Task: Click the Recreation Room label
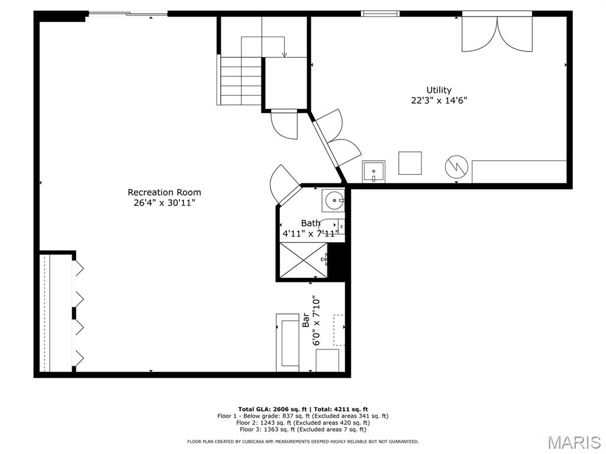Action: pyautogui.click(x=165, y=192)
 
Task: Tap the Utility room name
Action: pyautogui.click(x=439, y=90)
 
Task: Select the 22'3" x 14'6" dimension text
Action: pyautogui.click(x=439, y=100)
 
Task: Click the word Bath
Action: pyautogui.click(x=310, y=223)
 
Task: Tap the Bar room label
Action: pyautogui.click(x=306, y=320)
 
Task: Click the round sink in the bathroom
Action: pyautogui.click(x=333, y=200)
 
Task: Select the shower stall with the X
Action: pyautogui.click(x=304, y=260)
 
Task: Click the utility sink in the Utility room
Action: pyautogui.click(x=373, y=171)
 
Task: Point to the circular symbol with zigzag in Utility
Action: pyautogui.click(x=456, y=167)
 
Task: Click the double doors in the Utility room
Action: pyautogui.click(x=497, y=34)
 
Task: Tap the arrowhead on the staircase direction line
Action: pyautogui.click(x=285, y=55)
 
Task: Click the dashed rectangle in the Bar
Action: pyautogui.click(x=339, y=330)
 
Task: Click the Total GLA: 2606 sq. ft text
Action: pyautogui.click(x=272, y=409)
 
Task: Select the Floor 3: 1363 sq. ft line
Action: pyautogui.click(x=303, y=429)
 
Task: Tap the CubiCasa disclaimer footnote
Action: pyautogui.click(x=302, y=441)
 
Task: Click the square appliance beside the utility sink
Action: pyautogui.click(x=410, y=163)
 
